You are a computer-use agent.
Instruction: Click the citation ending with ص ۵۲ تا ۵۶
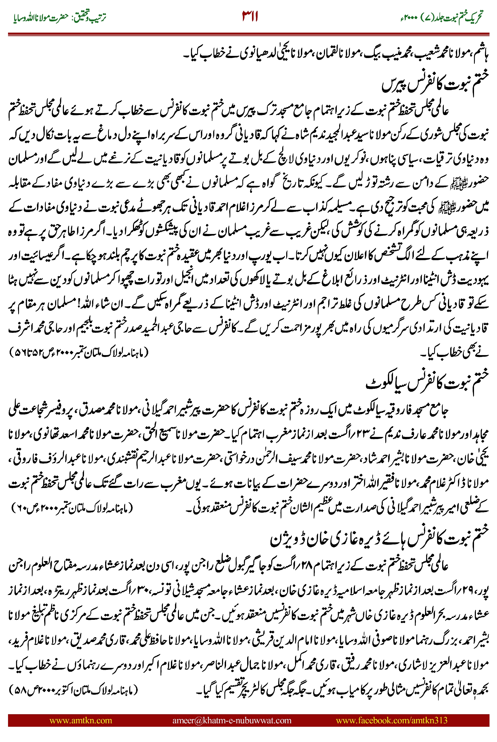[79, 352]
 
